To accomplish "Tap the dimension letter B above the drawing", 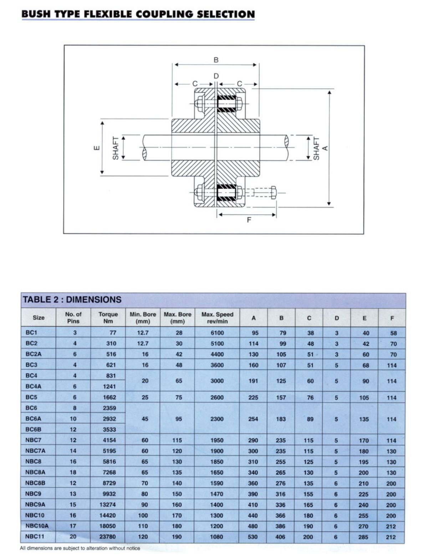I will pyautogui.click(x=216, y=60).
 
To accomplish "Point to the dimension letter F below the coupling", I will pyautogui.click(x=249, y=220).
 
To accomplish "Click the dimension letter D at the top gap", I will pyautogui.click(x=216, y=76).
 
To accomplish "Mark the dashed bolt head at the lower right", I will pyautogui.click(x=274, y=192).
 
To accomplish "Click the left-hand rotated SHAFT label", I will pyautogui.click(x=116, y=148).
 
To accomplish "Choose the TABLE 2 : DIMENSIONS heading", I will pyautogui.click(x=72, y=300).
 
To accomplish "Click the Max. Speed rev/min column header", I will pyautogui.click(x=217, y=317).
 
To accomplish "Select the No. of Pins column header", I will pyautogui.click(x=73, y=317).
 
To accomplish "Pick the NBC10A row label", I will pyautogui.click(x=37, y=526).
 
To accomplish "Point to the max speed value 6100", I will pyautogui.click(x=217, y=333).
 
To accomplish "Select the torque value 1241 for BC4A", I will pyautogui.click(x=109, y=386).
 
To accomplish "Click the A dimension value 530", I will pyautogui.click(x=253, y=537).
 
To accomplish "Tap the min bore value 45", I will pyautogui.click(x=145, y=419).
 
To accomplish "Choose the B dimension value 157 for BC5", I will pyautogui.click(x=281, y=397).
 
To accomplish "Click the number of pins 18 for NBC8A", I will pyautogui.click(x=73, y=472).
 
